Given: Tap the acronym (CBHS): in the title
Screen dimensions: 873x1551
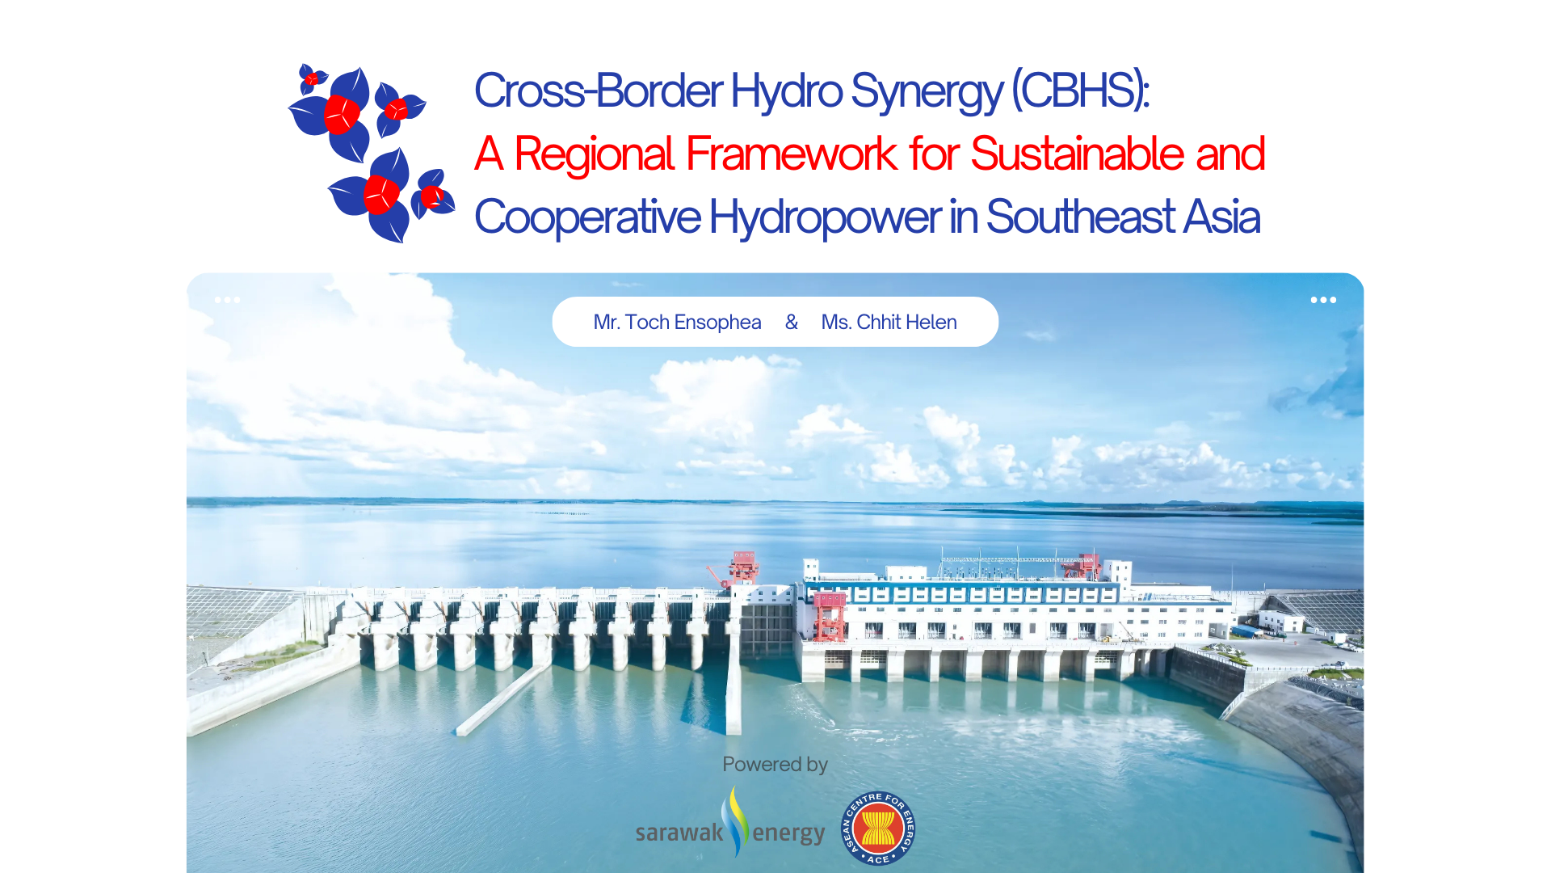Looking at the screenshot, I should pyautogui.click(x=1080, y=91).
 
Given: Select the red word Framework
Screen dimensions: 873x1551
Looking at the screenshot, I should pyautogui.click(x=791, y=154).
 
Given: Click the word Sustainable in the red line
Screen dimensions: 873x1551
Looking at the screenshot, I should pyautogui.click(x=1077, y=154).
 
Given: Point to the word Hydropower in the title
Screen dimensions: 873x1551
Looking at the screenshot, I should pyautogui.click(x=824, y=217).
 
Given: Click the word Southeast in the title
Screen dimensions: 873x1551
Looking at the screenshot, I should pyautogui.click(x=1080, y=217).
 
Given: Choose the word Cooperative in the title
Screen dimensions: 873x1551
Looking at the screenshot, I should pyautogui.click(x=587, y=217).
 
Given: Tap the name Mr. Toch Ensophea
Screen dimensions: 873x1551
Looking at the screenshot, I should pyautogui.click(x=677, y=323).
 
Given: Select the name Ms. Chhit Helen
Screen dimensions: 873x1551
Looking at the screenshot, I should pyautogui.click(x=889, y=323).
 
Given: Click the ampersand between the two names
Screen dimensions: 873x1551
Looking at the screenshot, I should pyautogui.click(x=792, y=323).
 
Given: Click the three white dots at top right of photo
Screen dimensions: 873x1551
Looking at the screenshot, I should pyautogui.click(x=1322, y=300).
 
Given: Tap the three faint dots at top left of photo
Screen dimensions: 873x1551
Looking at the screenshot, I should pyautogui.click(x=227, y=300).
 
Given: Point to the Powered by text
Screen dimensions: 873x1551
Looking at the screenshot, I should pyautogui.click(x=775, y=765).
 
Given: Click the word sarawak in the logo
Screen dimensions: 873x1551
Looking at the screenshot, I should pyautogui.click(x=679, y=833).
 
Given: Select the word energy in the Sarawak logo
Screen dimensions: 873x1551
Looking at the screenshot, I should pyautogui.click(x=788, y=833).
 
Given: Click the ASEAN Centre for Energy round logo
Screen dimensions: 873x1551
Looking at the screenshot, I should pyautogui.click(x=877, y=828).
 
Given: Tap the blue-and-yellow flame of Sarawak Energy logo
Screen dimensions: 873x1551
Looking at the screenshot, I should pyautogui.click(x=734, y=820).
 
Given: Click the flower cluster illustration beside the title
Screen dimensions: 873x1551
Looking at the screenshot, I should pyautogui.click(x=371, y=153).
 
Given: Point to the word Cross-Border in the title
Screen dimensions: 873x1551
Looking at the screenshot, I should pyautogui.click(x=598, y=91).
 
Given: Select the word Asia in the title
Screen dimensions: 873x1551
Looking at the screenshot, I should pyautogui.click(x=1221, y=217).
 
